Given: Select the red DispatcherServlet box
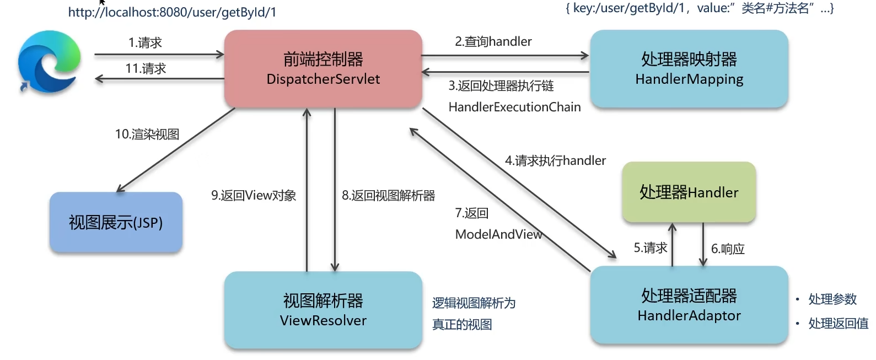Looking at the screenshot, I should tap(323, 69).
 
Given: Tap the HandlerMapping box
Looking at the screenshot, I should tap(689, 69).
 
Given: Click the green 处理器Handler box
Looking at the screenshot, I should tap(689, 192).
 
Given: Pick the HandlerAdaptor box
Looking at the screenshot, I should tap(689, 305).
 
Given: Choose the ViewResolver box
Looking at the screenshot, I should tap(323, 310).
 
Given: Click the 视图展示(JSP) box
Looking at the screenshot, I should tap(116, 223).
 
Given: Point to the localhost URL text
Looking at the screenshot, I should tap(172, 12).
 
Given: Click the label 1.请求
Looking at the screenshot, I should tap(145, 42).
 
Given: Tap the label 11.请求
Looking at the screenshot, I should tap(146, 68).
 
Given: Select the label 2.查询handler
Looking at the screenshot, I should tap(493, 41).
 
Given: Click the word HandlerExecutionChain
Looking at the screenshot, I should tap(514, 107).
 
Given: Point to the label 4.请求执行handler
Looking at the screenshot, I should tap(555, 160).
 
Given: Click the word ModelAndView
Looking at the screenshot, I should tap(498, 234).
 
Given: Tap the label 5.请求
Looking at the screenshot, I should tap(651, 248).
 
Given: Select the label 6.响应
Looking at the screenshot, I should tap(728, 249).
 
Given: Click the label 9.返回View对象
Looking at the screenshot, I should tap(254, 196).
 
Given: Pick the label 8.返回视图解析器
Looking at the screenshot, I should tap(388, 196).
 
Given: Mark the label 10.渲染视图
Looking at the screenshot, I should tap(147, 135).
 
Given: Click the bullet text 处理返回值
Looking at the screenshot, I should tap(838, 324).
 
